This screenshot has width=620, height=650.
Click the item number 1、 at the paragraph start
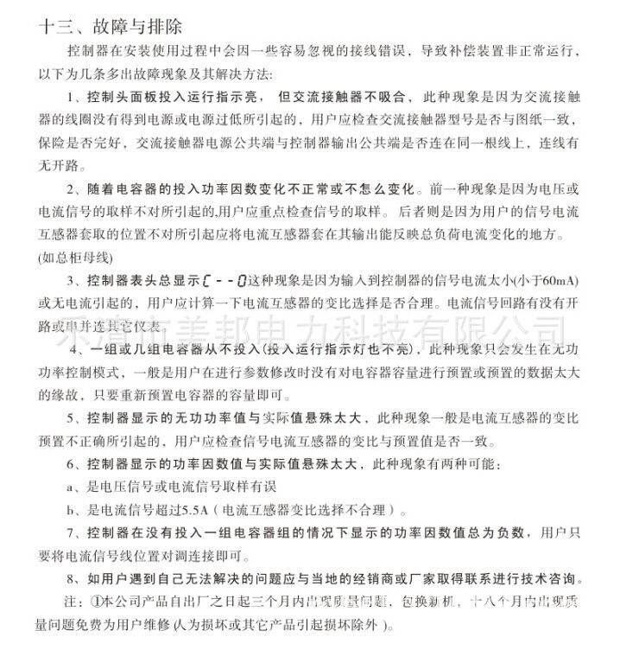click(73, 94)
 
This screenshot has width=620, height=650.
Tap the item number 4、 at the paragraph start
click(75, 348)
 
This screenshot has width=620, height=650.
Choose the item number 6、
click(73, 464)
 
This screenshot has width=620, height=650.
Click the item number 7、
click(73, 532)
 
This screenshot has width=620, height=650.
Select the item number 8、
click(73, 578)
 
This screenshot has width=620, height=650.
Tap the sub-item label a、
click(75, 487)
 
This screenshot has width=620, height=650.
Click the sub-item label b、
click(75, 509)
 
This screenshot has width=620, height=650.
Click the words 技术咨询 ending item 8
click(554, 578)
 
